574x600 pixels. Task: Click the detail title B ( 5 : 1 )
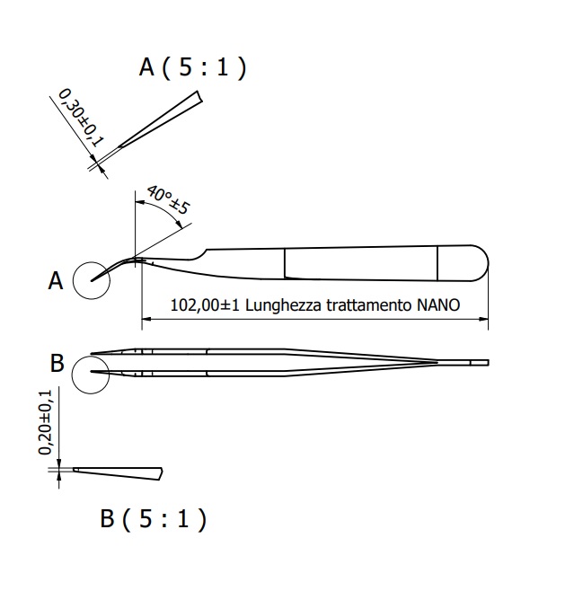pyautogui.click(x=153, y=518)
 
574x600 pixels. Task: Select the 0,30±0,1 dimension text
pyautogui.click(x=82, y=117)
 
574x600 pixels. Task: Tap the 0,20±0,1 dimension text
pyautogui.click(x=46, y=421)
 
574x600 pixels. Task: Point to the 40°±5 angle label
pyautogui.click(x=168, y=202)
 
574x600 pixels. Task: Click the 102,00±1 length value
pyautogui.click(x=202, y=304)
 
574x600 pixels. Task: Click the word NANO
pyautogui.click(x=438, y=304)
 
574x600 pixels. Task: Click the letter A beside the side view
pyautogui.click(x=55, y=281)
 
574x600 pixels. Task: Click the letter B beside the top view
pyautogui.click(x=57, y=364)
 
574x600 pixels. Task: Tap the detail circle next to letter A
pyautogui.click(x=91, y=279)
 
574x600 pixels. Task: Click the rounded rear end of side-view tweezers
pyautogui.click(x=481, y=260)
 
